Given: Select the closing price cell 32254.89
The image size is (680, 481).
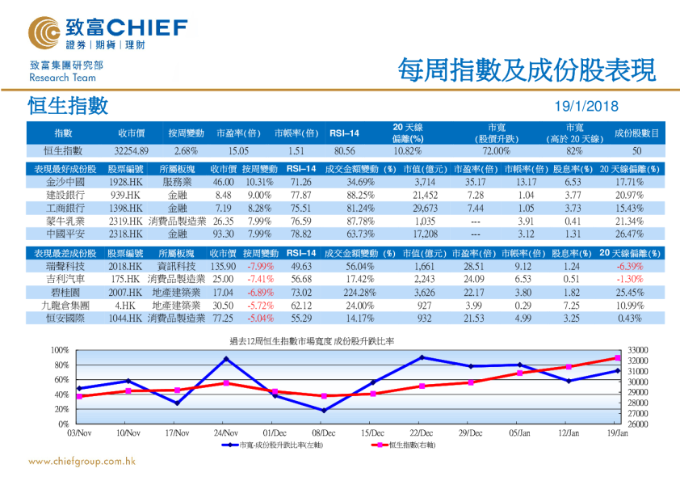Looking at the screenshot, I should [x=131, y=151].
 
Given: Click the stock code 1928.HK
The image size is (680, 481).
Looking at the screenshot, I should [x=126, y=183].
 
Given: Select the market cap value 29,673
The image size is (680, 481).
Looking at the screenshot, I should [x=424, y=208].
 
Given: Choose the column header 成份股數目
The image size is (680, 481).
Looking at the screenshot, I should [x=636, y=133].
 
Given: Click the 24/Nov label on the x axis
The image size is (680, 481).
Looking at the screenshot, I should [x=225, y=433].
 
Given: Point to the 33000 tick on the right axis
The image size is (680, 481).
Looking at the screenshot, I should [x=638, y=350].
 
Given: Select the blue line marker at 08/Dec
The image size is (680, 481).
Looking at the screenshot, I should [x=324, y=411].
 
